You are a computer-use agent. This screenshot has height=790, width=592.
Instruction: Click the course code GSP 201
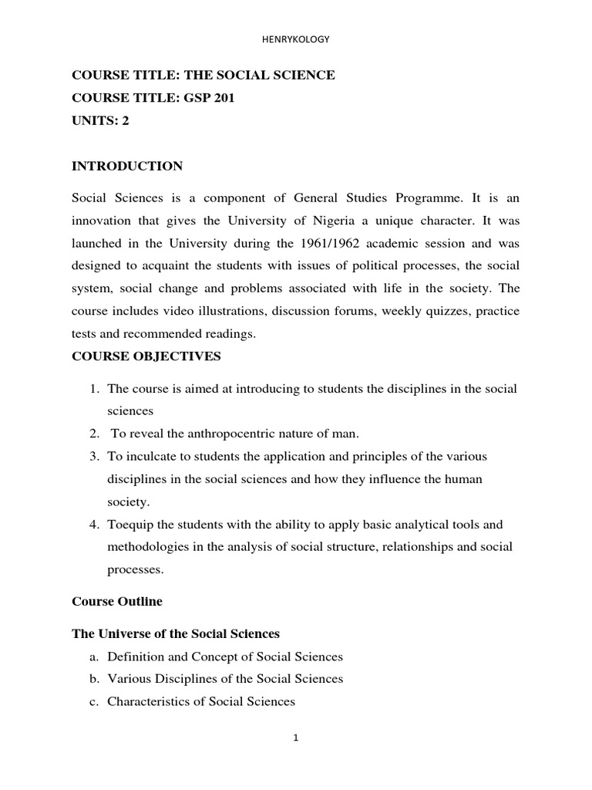click(203, 98)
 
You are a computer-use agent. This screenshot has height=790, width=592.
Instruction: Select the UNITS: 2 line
click(100, 120)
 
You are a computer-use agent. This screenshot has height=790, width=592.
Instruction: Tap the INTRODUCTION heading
click(127, 166)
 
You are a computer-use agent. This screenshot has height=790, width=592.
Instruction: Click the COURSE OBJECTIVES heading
click(146, 356)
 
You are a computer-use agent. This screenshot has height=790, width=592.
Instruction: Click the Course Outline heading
click(117, 600)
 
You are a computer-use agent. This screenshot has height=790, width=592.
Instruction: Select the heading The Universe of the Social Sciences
click(176, 633)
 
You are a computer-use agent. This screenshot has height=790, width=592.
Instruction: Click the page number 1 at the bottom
click(296, 738)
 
